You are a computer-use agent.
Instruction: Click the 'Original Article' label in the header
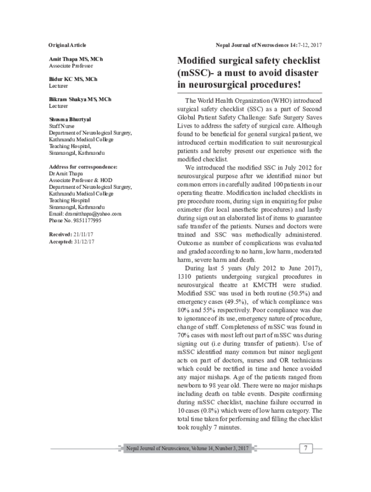click(67, 46)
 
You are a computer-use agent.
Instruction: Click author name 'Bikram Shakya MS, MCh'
click(80, 99)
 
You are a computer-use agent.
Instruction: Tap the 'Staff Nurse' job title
click(62, 125)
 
